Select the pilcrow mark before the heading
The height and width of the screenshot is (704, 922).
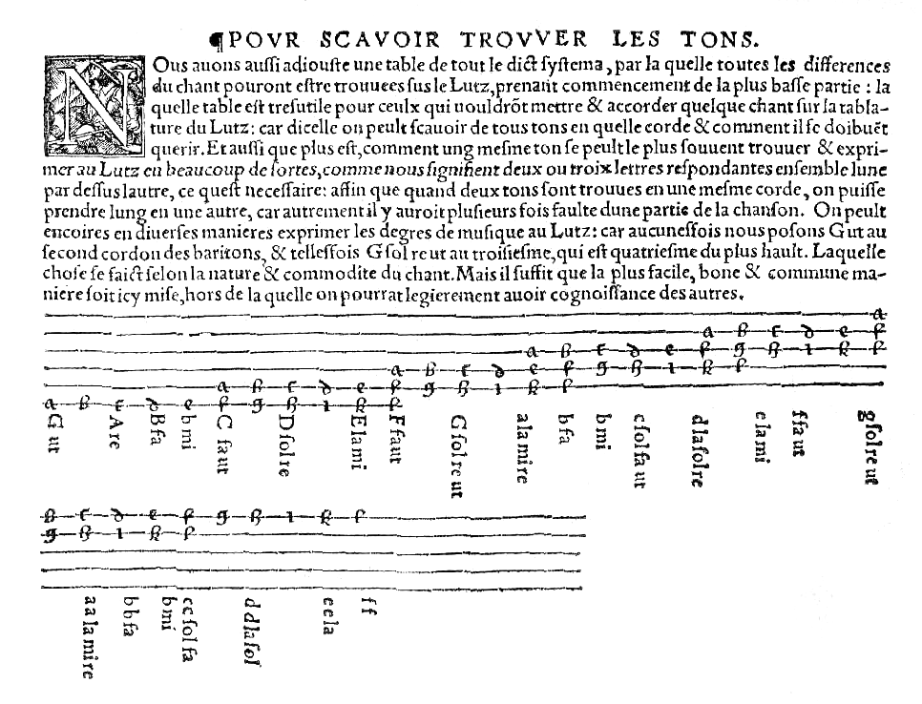pos(216,40)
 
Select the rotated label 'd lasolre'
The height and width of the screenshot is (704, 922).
pos(698,449)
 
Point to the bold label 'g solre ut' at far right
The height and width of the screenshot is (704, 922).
pos(868,446)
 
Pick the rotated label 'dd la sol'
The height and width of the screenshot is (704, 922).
pos(252,631)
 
